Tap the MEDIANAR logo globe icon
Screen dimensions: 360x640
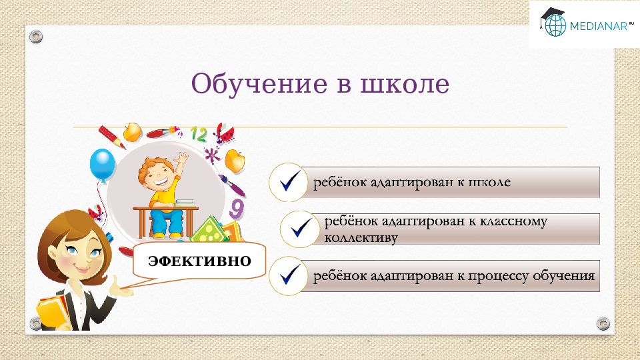tap(554, 25)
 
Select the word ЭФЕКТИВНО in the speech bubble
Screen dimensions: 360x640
tap(199, 260)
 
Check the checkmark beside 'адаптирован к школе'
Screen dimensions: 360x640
tap(289, 182)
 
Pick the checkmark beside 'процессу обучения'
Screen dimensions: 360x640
tap(289, 275)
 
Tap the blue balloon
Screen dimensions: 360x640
tap(103, 163)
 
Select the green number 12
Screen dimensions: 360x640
tap(199, 133)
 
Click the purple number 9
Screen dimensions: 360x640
tap(236, 208)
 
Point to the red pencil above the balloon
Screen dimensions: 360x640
tap(112, 137)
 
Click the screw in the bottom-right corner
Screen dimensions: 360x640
tap(603, 324)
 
